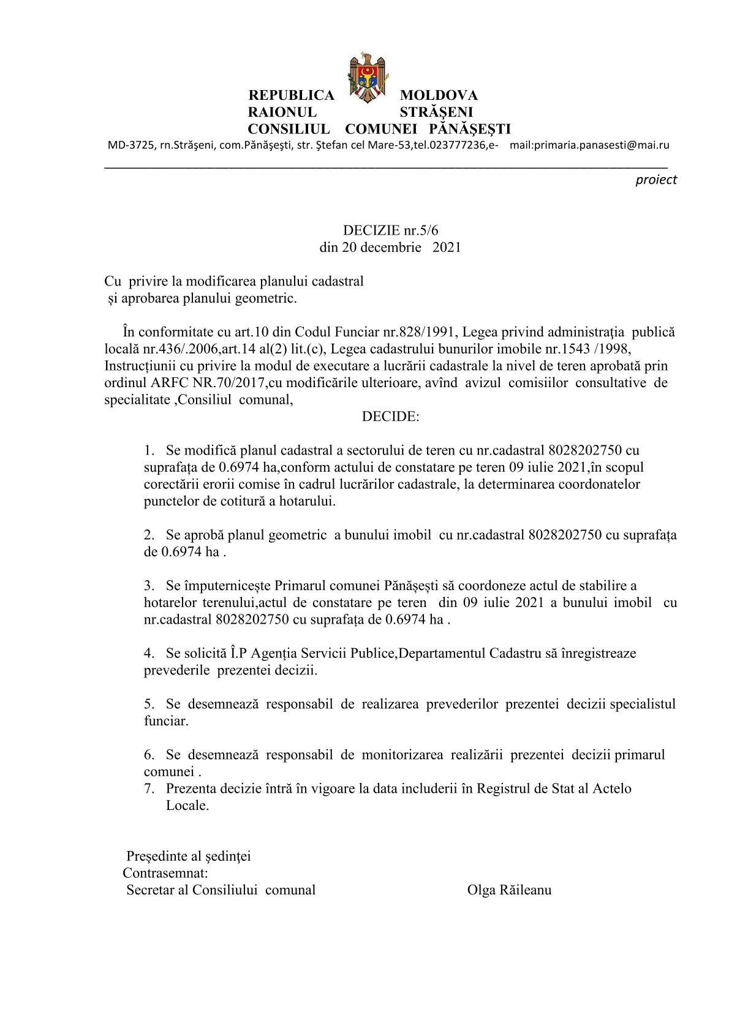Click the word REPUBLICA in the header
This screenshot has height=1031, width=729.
click(291, 96)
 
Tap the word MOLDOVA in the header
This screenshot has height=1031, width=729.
click(439, 96)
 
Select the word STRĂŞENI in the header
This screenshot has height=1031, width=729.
click(436, 113)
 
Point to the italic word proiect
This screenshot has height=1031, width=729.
click(656, 180)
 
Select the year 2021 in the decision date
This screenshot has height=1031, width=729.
click(447, 247)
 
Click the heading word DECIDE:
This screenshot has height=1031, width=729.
click(390, 417)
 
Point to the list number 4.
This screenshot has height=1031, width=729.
click(149, 653)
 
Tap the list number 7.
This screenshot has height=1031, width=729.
click(149, 788)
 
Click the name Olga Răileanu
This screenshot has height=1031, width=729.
click(508, 890)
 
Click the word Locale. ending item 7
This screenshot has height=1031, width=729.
click(187, 806)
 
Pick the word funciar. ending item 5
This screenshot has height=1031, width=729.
click(166, 721)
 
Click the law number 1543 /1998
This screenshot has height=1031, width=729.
click(587, 349)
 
